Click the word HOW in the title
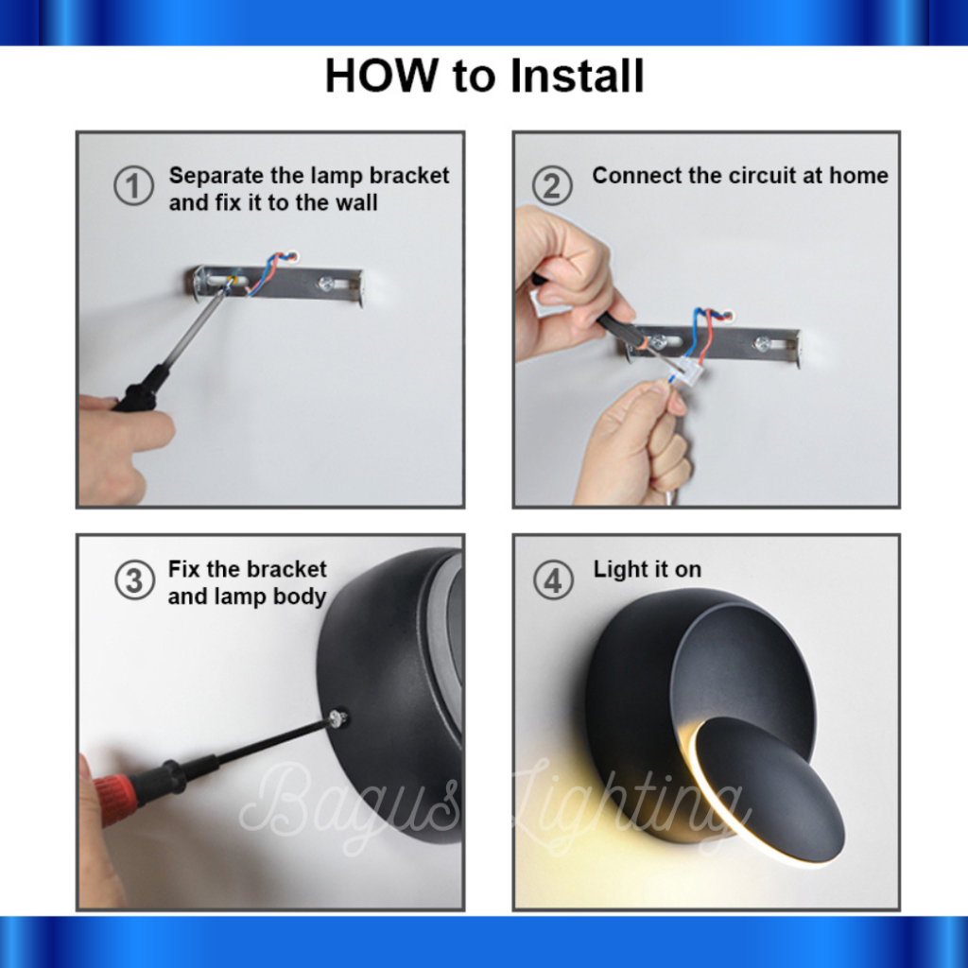[x=381, y=76]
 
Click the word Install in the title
[x=578, y=76]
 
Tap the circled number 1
[x=133, y=186]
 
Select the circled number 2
[x=552, y=186]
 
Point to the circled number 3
[x=134, y=580]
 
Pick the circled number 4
[x=553, y=580]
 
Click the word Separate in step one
[x=216, y=177]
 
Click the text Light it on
[x=647, y=570]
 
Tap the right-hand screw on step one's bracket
[x=325, y=284]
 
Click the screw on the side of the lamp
[x=337, y=718]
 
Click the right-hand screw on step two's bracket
[x=763, y=344]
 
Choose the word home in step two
[x=858, y=175]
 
